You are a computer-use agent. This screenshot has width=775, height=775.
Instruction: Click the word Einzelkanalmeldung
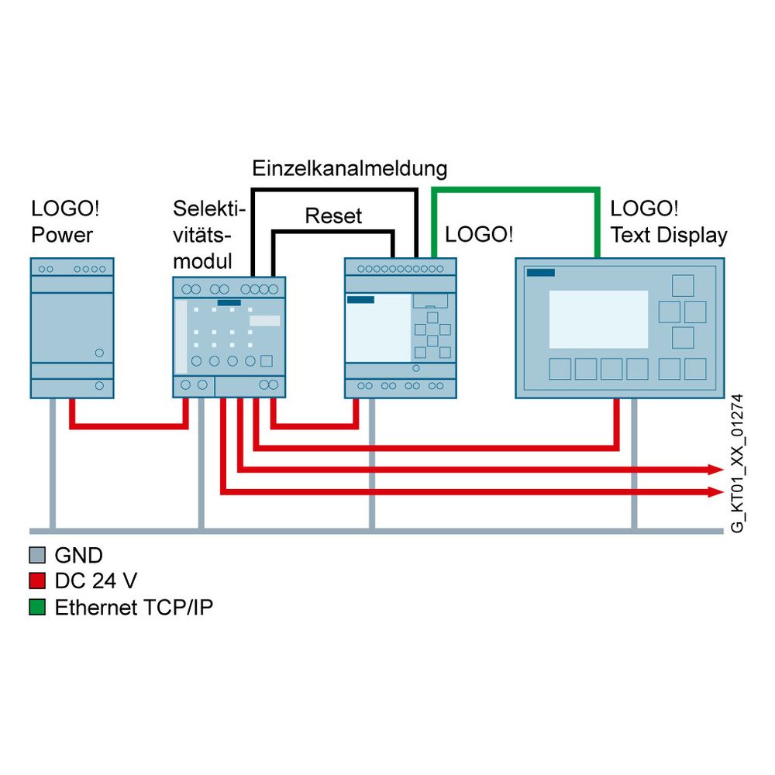350,168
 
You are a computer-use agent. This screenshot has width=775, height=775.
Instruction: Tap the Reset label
333,216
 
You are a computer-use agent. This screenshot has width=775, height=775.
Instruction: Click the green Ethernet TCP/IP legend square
37,607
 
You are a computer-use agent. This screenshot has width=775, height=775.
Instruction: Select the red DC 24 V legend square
37,580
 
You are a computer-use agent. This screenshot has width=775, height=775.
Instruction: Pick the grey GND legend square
37,555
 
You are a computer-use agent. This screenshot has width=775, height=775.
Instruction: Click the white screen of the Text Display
598,319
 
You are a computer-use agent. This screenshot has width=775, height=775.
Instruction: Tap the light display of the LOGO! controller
378,329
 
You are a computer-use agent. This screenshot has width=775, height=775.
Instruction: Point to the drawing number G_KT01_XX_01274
737,463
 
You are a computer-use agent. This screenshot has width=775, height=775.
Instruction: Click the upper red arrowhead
715,470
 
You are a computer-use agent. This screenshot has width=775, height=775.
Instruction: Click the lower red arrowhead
715,492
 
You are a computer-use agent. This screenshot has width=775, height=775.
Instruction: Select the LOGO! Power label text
65,222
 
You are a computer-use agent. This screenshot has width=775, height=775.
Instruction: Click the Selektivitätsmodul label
209,235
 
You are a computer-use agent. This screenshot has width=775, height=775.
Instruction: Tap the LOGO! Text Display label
669,222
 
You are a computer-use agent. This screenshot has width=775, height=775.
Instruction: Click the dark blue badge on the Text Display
541,272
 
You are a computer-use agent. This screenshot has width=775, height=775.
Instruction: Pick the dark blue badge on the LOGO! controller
360,299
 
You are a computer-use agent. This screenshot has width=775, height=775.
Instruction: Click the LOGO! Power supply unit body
72,328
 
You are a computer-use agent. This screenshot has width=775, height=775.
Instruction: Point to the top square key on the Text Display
683,286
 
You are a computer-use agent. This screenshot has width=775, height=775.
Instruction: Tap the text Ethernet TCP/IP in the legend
134,608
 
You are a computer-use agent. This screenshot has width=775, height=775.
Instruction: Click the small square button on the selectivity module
267,361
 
